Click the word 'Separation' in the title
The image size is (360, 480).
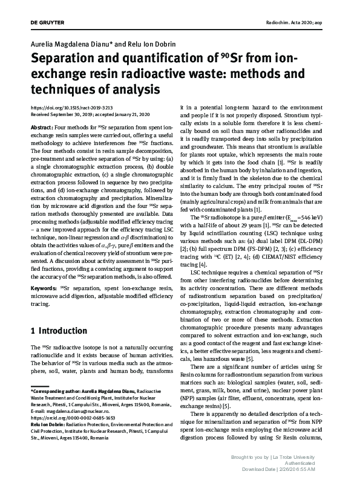tap(69, 60)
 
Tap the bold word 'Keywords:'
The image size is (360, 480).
tap(45, 288)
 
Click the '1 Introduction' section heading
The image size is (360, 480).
tap(59, 331)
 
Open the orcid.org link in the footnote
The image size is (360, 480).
tap(72, 417)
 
